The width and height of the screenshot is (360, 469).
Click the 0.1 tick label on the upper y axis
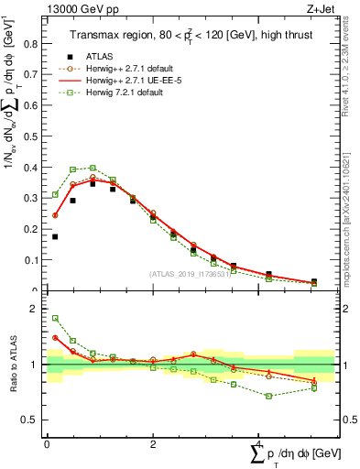click(x=34, y=260)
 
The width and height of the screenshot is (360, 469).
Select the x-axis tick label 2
click(x=152, y=444)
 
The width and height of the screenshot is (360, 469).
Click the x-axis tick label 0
click(x=47, y=444)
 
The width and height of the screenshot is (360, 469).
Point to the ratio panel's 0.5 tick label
click(x=34, y=420)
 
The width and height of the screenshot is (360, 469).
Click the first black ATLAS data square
click(x=55, y=236)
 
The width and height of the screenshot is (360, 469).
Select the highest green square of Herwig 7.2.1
click(x=93, y=168)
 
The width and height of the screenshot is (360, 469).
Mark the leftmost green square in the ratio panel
click(x=55, y=318)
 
